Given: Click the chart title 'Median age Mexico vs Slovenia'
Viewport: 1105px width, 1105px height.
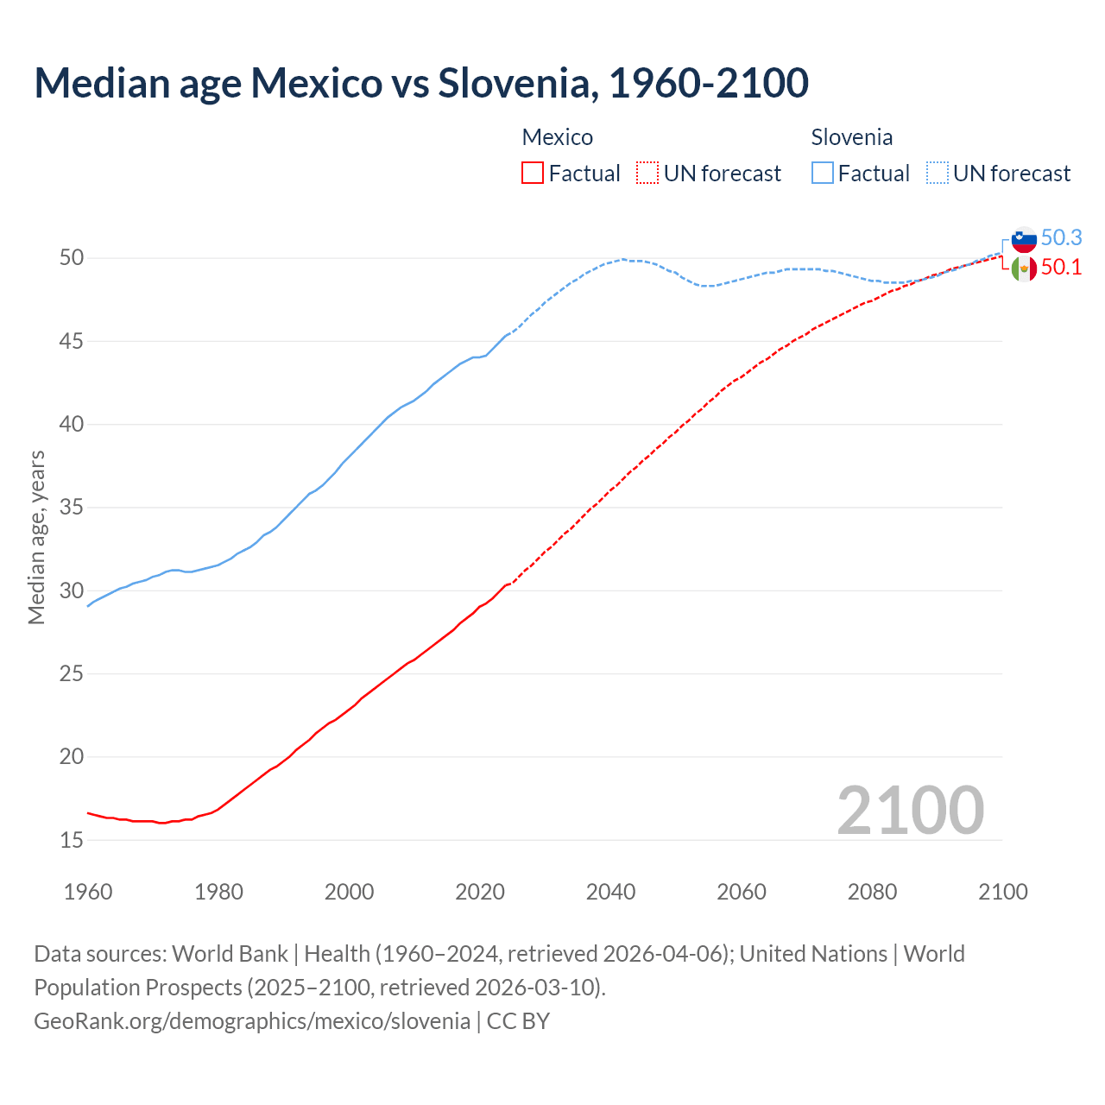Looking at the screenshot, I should [421, 83].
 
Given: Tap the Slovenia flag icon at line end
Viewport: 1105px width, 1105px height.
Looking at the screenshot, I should [1024, 239].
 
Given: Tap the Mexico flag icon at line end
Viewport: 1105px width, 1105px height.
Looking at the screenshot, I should [1024, 268].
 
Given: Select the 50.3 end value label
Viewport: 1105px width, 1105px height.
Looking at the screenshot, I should [1061, 237].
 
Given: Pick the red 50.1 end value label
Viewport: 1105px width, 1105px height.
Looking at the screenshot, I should [1061, 268].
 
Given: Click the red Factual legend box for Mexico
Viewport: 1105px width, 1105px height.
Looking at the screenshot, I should [533, 174].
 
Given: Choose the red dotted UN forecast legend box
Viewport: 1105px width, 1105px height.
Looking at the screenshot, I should [647, 174].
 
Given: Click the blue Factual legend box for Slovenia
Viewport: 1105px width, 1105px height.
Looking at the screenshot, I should [823, 174].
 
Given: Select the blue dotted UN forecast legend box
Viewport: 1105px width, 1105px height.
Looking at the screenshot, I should [938, 174].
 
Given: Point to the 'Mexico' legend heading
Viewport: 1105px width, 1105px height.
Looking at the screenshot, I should [557, 137].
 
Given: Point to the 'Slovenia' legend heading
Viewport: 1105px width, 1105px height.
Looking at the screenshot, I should [851, 137].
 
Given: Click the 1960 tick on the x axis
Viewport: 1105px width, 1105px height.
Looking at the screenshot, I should [88, 892].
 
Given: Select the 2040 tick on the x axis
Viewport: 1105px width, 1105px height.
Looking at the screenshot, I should [610, 892].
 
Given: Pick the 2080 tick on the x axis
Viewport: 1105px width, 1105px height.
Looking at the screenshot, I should [872, 892].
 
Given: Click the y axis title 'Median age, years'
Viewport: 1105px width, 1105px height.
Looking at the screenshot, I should [36, 537].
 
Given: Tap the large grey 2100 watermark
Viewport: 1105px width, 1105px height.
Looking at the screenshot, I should [910, 810].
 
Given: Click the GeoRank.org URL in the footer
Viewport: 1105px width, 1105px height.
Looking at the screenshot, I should [252, 1020].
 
